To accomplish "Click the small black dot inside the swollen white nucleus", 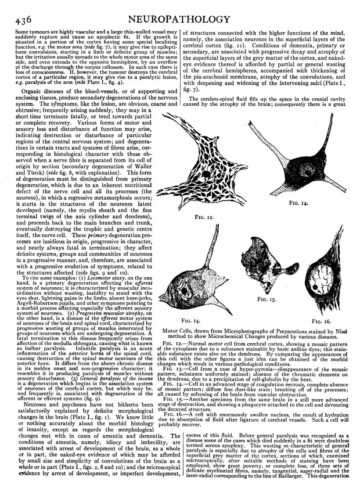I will point(316,288).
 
